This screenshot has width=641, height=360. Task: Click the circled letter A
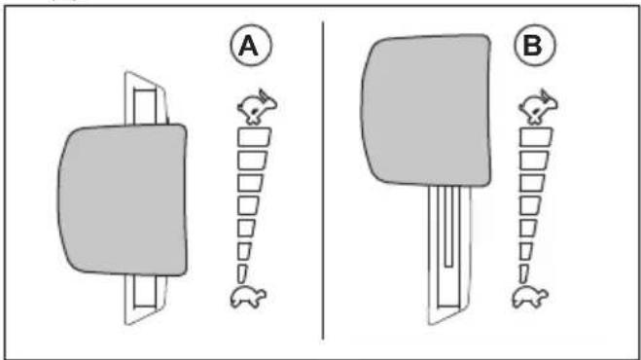click(251, 45)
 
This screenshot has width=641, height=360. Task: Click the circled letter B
click(535, 45)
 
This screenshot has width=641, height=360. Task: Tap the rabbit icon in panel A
click(257, 107)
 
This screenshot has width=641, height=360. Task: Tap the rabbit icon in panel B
click(538, 107)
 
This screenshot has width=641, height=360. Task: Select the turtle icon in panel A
click(248, 297)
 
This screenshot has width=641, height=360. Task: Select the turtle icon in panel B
click(530, 297)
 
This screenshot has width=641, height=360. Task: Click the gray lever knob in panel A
click(123, 199)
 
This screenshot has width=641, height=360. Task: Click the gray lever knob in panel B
click(426, 111)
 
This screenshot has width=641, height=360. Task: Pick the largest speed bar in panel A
click(254, 137)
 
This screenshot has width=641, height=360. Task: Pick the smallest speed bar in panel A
click(241, 273)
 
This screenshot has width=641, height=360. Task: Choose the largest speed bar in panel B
click(536, 137)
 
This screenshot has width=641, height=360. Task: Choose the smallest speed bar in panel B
click(523, 273)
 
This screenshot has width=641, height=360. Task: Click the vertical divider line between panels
click(323, 180)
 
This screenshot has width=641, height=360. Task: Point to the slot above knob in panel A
click(145, 107)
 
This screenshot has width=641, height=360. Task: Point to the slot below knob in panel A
click(145, 291)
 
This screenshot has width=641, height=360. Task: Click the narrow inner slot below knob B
click(448, 227)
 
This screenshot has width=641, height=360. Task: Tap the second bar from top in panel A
click(252, 160)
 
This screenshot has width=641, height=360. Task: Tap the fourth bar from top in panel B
click(532, 205)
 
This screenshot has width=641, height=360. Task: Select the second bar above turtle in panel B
click(526, 251)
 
